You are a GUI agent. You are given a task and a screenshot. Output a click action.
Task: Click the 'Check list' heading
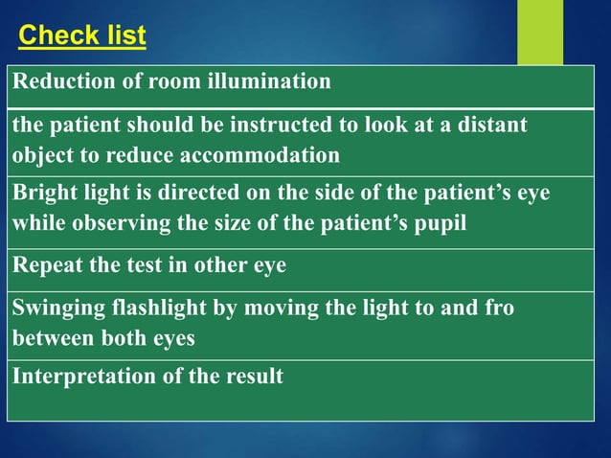tap(82, 36)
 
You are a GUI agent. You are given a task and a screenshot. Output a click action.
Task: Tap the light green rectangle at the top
tap(540, 32)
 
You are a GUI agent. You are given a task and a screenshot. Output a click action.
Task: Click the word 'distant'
tap(491, 126)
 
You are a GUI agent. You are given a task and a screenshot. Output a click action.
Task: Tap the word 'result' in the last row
tap(253, 376)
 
